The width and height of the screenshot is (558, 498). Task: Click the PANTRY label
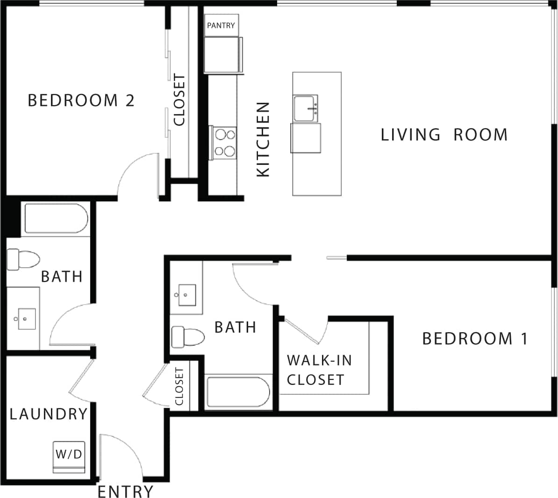221,26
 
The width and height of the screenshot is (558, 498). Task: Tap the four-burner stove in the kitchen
224,143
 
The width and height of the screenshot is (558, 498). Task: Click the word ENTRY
125,491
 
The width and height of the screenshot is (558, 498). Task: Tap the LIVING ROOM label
444,135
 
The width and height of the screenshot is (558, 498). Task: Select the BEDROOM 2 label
81,100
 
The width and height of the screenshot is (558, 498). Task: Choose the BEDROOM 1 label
475,338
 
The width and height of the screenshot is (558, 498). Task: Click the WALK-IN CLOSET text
319,370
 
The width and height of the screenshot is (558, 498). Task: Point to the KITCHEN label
264,139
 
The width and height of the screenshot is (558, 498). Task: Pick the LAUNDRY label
49,414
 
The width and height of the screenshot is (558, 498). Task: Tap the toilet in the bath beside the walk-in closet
188,337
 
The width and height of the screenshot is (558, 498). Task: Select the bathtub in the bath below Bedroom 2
56,218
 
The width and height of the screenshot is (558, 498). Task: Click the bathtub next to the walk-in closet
238,392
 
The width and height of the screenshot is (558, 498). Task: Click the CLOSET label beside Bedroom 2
179,100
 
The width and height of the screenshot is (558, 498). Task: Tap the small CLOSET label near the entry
179,387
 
